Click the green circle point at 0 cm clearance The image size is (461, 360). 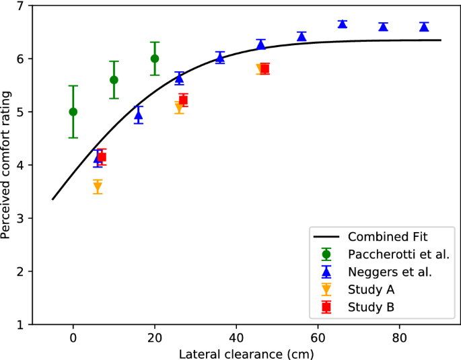click(73, 112)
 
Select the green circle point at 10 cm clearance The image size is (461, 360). click(114, 80)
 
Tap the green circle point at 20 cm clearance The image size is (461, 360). click(155, 59)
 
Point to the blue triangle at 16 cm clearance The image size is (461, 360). click(139, 115)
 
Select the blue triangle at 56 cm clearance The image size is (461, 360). click(302, 36)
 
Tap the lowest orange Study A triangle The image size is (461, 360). click(98, 187)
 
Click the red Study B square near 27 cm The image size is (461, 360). click(183, 100)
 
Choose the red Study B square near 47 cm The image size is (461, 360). click(264, 69)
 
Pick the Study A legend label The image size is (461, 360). click(371, 289)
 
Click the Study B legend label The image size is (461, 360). click(371, 307)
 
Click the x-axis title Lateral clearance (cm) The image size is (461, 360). click(246, 353)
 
